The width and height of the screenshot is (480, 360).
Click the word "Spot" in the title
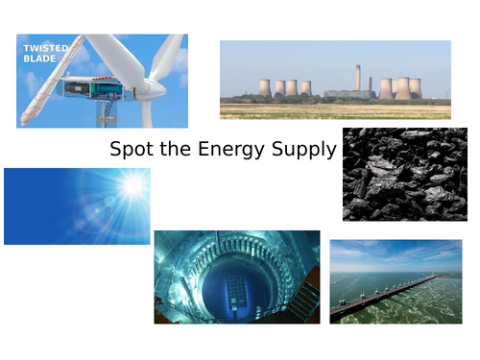pos(130,150)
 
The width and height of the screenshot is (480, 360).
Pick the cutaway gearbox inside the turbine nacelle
pos(91,88)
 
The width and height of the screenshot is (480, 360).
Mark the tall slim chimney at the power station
pos(358,79)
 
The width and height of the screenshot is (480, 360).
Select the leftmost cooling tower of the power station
pos(264,87)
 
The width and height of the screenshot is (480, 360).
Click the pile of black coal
pos(404,174)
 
